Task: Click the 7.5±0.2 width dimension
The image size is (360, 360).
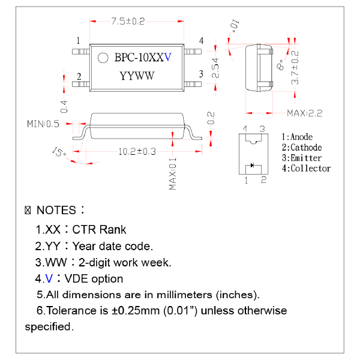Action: pyautogui.click(x=128, y=22)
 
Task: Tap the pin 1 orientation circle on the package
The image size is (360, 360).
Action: pyautogui.click(x=103, y=58)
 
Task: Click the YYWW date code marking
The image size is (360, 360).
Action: pyautogui.click(x=137, y=76)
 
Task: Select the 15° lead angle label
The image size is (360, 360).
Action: pyautogui.click(x=59, y=152)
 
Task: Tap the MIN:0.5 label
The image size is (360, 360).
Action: pyautogui.click(x=43, y=124)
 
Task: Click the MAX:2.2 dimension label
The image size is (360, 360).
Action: pyautogui.click(x=305, y=113)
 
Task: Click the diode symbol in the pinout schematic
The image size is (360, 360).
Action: pyautogui.click(x=253, y=165)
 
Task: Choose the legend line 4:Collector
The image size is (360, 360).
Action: pyautogui.click(x=306, y=169)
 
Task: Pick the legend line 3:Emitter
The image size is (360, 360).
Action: pyautogui.click(x=302, y=158)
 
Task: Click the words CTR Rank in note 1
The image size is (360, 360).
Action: pyautogui.click(x=99, y=230)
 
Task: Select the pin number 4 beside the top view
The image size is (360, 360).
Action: pyautogui.click(x=202, y=40)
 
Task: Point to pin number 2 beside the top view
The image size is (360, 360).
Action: pyautogui.click(x=79, y=77)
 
